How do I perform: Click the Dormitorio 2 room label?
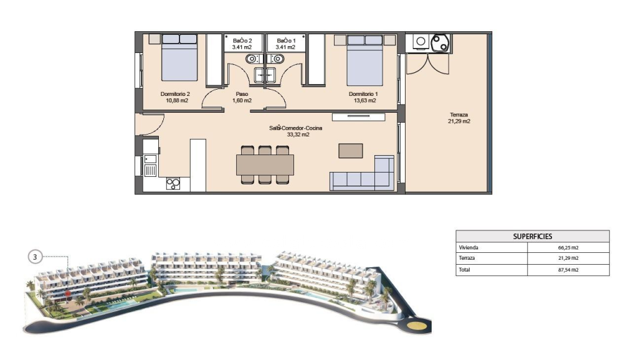tap(175, 95)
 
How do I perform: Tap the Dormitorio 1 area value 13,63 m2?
tap(363, 100)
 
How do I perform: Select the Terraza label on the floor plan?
tap(459, 115)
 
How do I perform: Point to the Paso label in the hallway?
tap(242, 95)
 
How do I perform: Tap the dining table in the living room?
tap(265, 164)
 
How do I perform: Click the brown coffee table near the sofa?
tap(350, 151)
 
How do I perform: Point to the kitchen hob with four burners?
tap(173, 184)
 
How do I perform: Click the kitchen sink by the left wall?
tap(150, 166)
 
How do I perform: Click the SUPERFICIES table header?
tap(533, 236)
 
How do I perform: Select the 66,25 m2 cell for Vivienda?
tap(568, 247)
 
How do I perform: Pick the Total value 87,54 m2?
tap(568, 270)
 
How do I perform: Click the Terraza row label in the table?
tap(467, 258)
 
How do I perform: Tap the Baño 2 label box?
tap(242, 43)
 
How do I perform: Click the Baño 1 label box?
tap(286, 43)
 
